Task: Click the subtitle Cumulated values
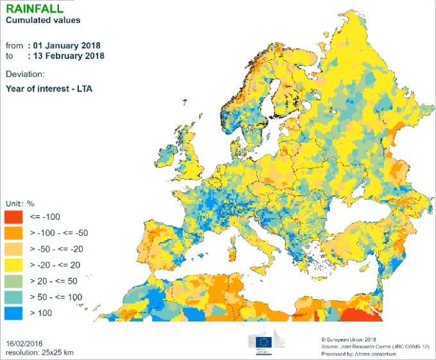point(43,20)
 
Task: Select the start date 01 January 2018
point(65,45)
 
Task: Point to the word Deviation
point(25,74)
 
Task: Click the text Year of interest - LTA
point(49,88)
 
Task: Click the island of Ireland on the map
point(165,154)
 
